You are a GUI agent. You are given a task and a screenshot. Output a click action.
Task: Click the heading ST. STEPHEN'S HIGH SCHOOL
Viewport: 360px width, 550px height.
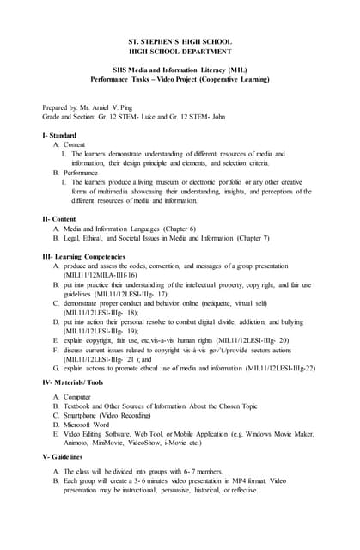(180, 42)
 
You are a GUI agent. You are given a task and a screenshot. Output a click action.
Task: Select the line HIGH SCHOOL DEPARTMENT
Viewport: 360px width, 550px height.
(180, 52)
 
